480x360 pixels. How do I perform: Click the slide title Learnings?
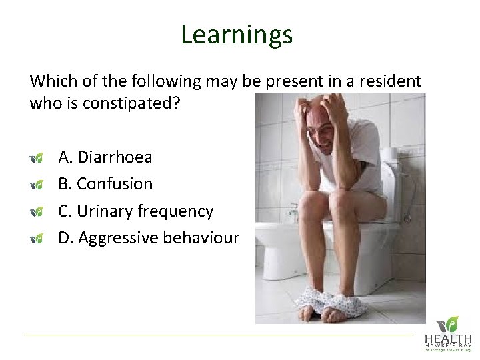coord(236,35)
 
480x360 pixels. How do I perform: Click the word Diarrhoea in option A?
coord(115,157)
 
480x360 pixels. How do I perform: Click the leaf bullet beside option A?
coord(37,158)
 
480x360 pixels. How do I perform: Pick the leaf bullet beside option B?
coord(37,185)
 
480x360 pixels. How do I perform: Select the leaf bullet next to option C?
coord(37,211)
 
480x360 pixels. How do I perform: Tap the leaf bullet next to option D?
coord(37,238)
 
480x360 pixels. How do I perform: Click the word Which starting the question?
coord(49,81)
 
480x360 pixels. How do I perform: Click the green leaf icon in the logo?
coord(452,323)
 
